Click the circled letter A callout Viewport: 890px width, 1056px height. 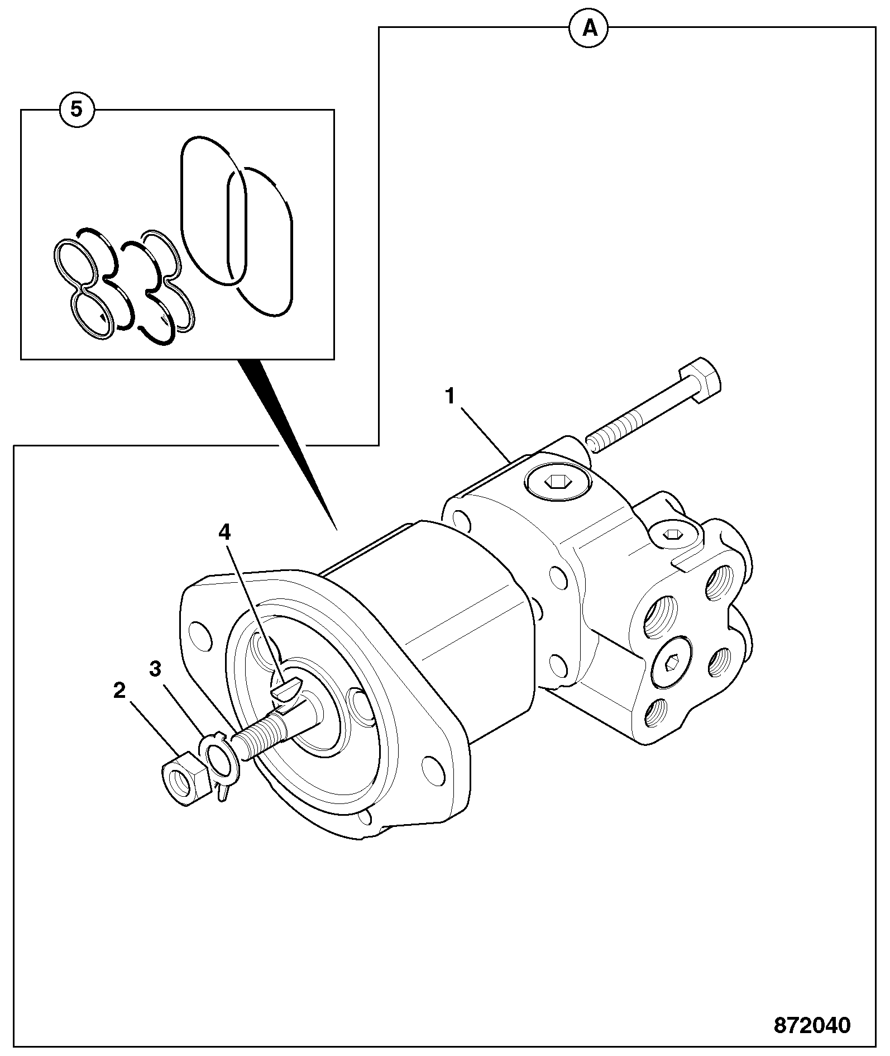tap(590, 27)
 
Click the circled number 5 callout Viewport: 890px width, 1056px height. tap(76, 110)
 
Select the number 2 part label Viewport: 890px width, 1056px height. tap(119, 691)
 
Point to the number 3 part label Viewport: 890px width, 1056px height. tap(155, 668)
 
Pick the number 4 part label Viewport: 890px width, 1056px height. tap(224, 532)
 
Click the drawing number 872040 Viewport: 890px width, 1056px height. tap(812, 1025)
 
